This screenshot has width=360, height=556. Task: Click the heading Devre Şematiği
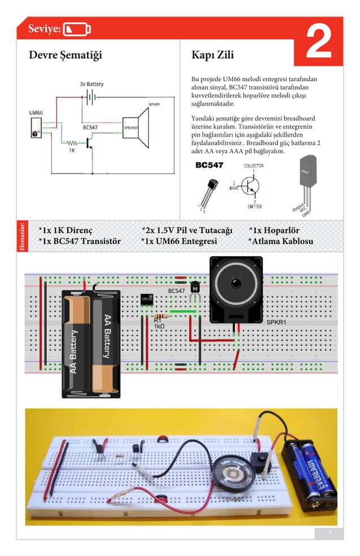pyautogui.click(x=65, y=55)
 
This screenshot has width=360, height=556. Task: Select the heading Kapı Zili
pyautogui.click(x=213, y=55)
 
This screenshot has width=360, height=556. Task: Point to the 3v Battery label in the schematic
pyautogui.click(x=91, y=85)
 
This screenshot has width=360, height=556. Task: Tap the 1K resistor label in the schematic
pyautogui.click(x=72, y=151)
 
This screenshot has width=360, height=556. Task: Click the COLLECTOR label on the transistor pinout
pyautogui.click(x=253, y=166)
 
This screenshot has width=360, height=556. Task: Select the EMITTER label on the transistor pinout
pyautogui.click(x=254, y=206)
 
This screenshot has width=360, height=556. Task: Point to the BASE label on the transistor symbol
pyautogui.click(x=233, y=188)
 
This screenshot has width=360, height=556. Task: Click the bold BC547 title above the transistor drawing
pyautogui.click(x=209, y=165)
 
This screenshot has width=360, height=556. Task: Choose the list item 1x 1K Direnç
pyautogui.click(x=65, y=231)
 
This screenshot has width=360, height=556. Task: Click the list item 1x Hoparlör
pyautogui.click(x=274, y=231)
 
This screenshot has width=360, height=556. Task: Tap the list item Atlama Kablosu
pyautogui.click(x=280, y=241)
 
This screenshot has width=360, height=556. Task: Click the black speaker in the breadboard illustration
pyautogui.click(x=236, y=289)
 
